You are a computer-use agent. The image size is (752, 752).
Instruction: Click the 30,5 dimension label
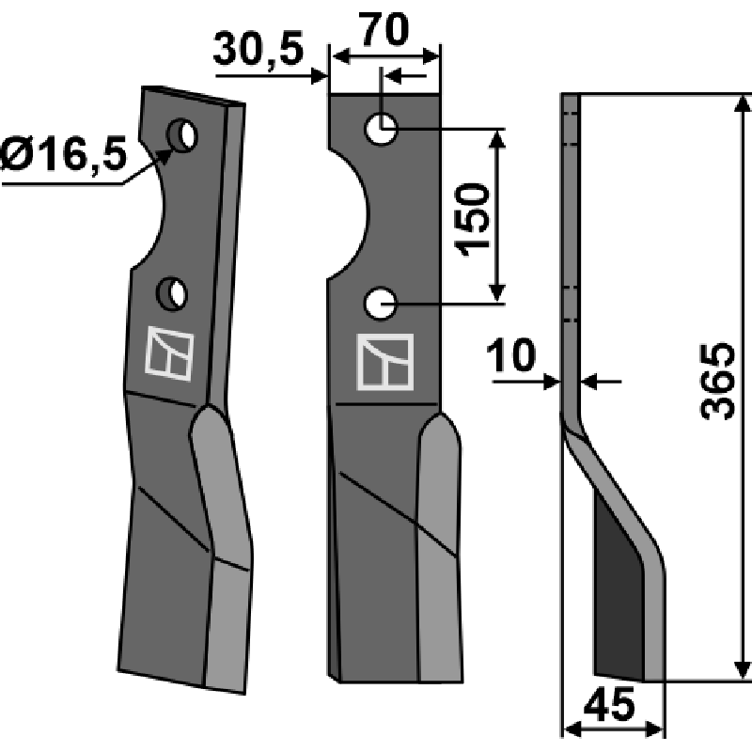[258, 49]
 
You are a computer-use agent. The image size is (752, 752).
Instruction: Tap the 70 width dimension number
[384, 30]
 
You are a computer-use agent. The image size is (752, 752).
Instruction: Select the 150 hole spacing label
[473, 220]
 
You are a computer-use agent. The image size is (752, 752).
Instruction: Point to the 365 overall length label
[717, 382]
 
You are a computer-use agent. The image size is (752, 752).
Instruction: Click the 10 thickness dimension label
[510, 355]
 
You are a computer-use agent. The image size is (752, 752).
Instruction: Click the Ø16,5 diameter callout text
[64, 154]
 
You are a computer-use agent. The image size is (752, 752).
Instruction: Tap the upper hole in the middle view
[382, 130]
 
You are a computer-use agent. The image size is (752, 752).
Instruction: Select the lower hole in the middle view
[381, 304]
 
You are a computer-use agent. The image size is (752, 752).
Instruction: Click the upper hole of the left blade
[182, 134]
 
